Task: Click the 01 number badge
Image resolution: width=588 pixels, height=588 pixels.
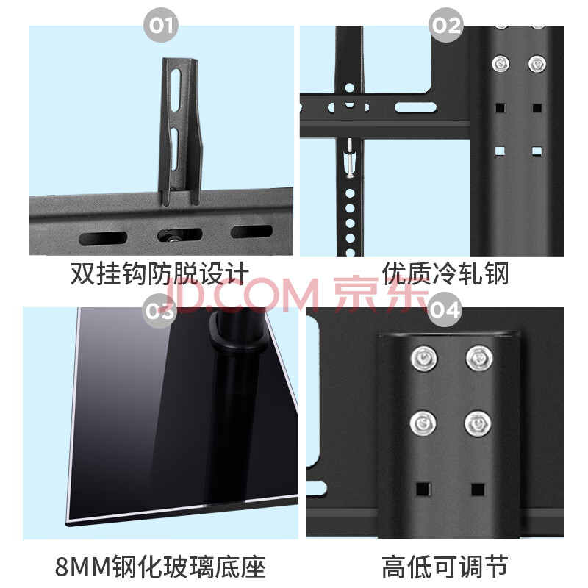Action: [x=161, y=25]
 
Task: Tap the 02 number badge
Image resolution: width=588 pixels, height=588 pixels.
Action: [x=446, y=25]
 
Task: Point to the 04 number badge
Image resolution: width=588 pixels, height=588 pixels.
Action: [x=445, y=310]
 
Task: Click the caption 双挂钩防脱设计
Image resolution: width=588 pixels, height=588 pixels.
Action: [x=159, y=273]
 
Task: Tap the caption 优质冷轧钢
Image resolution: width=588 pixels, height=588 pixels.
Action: [x=445, y=273]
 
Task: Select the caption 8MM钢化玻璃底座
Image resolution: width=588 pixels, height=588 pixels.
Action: [x=160, y=567]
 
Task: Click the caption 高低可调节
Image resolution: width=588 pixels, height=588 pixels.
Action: [x=445, y=567]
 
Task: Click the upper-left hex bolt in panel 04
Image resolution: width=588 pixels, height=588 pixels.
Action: [x=424, y=359]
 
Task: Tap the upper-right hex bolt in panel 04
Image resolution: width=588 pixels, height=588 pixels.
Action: [x=479, y=358]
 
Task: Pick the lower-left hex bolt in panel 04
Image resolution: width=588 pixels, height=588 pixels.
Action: [x=423, y=423]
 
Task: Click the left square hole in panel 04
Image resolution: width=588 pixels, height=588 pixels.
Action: [x=423, y=490]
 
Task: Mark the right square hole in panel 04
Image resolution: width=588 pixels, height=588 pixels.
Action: [x=478, y=490]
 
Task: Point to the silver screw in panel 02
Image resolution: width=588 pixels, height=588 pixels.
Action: [x=350, y=158]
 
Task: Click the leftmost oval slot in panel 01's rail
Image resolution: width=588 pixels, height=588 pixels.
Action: [x=103, y=238]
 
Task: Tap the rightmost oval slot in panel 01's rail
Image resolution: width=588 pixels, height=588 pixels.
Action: [x=251, y=232]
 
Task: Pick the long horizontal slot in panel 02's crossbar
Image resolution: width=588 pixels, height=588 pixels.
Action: [x=415, y=107]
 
